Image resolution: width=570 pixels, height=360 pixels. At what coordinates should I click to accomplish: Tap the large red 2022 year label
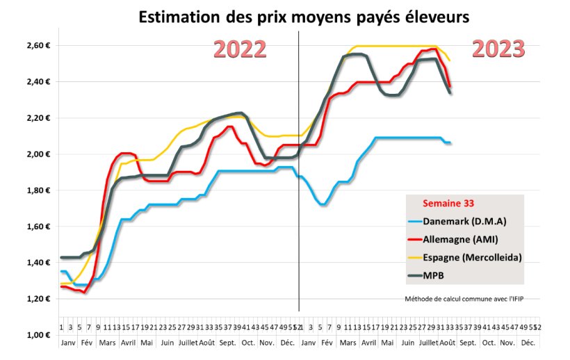[240, 49]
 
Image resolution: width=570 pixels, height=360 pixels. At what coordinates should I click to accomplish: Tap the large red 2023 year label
[498, 49]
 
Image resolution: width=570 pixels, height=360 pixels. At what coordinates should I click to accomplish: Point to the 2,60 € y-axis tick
[32, 46]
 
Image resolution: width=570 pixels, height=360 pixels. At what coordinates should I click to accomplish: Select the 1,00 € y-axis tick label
[32, 335]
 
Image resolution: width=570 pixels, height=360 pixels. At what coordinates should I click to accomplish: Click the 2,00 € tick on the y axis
[32, 154]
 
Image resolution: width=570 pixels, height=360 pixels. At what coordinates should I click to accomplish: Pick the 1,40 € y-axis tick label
[32, 263]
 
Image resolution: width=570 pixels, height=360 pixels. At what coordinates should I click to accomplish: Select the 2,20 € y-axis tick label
[32, 118]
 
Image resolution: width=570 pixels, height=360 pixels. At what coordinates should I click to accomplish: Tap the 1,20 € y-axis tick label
[32, 299]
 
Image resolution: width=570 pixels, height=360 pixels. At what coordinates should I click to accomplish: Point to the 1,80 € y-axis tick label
[32, 190]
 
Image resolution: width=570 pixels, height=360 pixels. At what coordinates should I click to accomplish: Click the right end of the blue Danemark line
[450, 142]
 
